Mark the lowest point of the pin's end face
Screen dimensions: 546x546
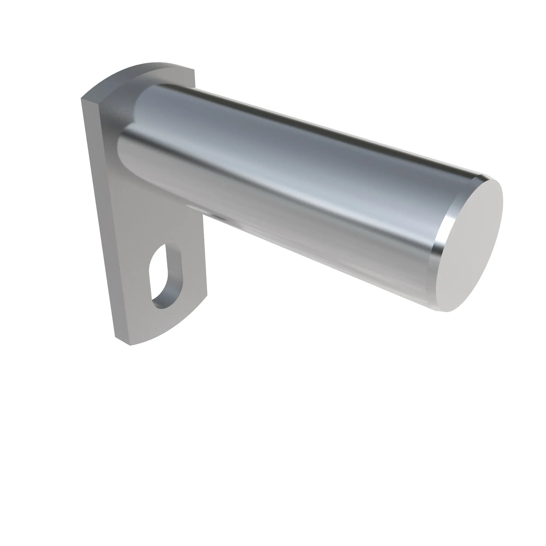click(447, 311)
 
